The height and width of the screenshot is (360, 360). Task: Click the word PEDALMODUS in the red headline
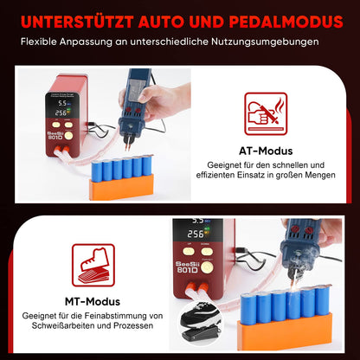286,22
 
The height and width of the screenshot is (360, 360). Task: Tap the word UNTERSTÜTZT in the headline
77,21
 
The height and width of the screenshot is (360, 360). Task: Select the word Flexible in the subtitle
39,42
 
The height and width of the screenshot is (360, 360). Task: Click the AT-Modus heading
266,151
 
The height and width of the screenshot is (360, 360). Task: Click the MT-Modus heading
93,302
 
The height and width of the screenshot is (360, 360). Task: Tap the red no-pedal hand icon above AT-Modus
266,113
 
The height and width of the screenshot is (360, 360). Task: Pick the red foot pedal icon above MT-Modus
93,265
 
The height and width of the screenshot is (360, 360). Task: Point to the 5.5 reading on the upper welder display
62,103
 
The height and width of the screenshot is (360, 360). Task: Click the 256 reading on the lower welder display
196,234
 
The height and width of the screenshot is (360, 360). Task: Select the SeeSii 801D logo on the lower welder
188,267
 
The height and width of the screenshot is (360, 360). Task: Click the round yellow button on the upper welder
68,136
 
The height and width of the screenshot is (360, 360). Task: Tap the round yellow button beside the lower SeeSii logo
207,268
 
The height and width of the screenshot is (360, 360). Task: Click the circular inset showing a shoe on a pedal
201,322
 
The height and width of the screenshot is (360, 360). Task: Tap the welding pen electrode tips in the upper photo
128,144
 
